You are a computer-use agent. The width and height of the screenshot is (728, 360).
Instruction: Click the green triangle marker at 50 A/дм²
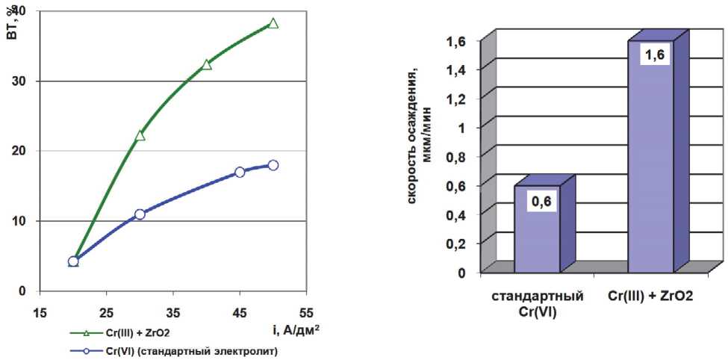(273, 23)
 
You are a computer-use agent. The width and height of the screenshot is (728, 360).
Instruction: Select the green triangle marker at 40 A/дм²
(207, 64)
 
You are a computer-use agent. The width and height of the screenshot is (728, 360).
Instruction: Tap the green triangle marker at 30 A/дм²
(140, 135)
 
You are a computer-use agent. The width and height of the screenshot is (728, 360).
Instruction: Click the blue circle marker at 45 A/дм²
(240, 172)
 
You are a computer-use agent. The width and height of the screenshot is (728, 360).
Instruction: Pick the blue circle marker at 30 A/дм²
(140, 214)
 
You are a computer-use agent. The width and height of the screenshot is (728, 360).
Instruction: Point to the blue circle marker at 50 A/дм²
(273, 165)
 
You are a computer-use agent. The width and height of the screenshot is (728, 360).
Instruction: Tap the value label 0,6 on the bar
(544, 201)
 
